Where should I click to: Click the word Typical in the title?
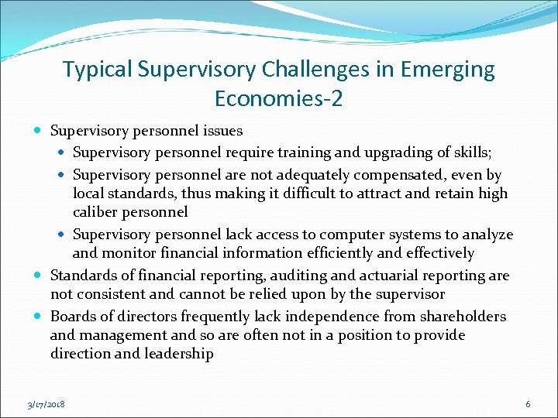pos(98,70)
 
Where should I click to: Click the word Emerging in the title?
pos(447,70)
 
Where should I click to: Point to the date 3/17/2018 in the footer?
pos(46,405)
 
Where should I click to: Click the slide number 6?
pos(528,404)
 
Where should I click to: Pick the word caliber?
pos(98,212)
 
